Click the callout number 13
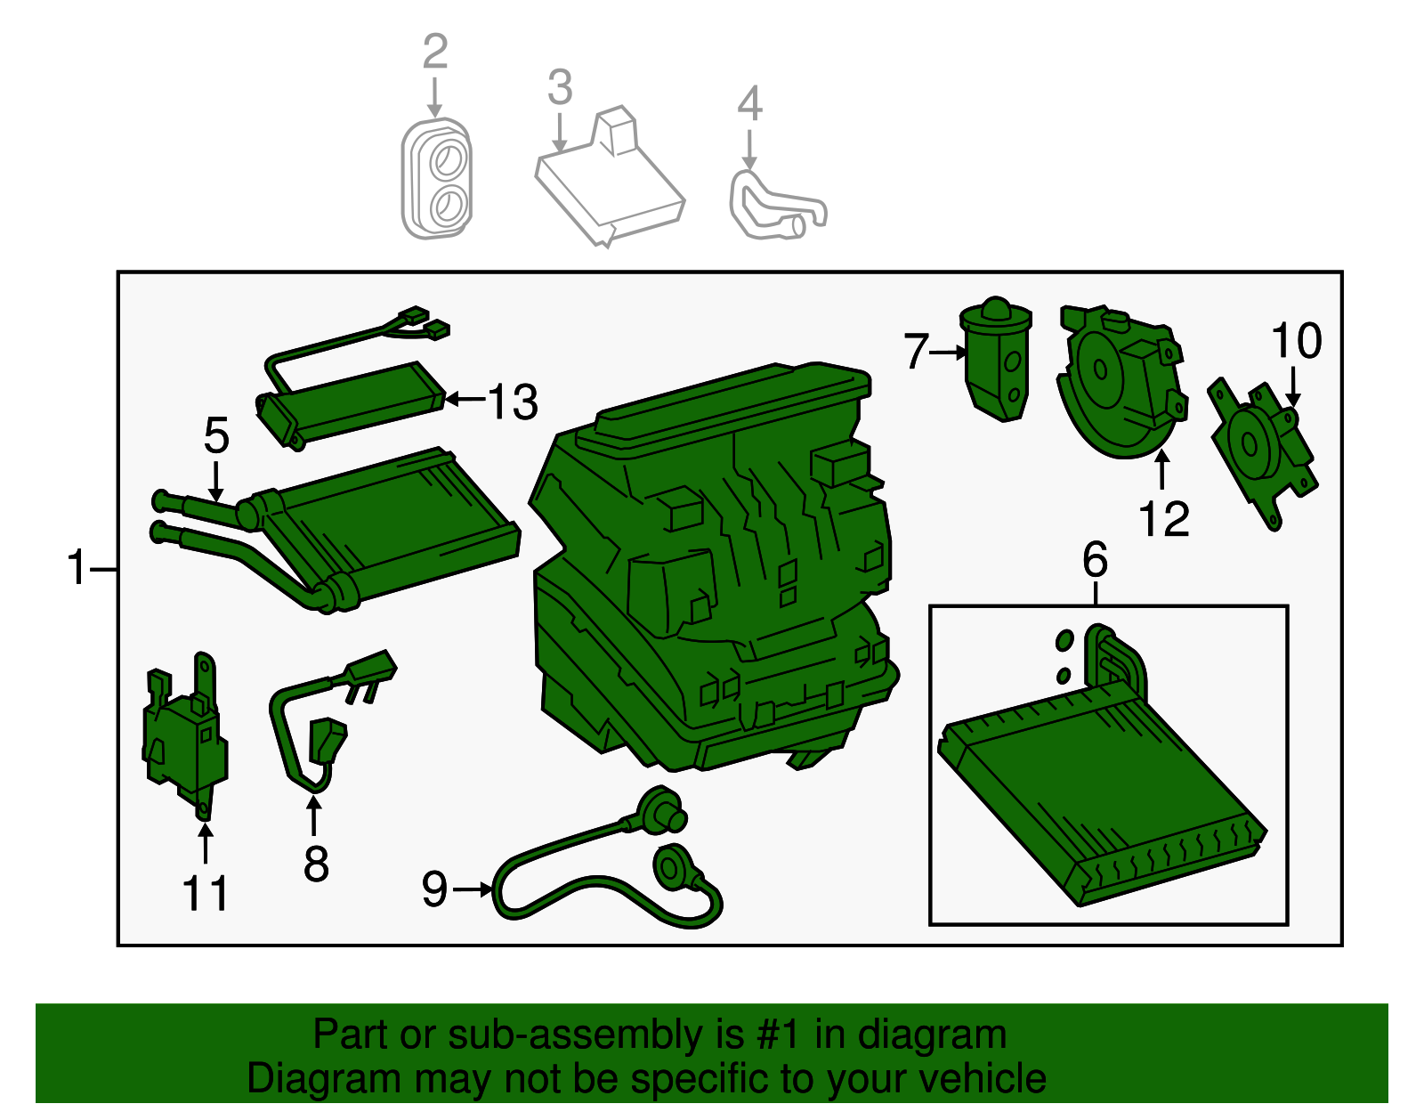point(514,402)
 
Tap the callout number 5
point(216,435)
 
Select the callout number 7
point(916,351)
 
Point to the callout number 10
point(1296,341)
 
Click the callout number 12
point(1163,519)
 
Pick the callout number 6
point(1095,560)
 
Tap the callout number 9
point(434,889)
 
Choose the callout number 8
point(316,864)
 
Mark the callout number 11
point(206,893)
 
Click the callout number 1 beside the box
point(78,568)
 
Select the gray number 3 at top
point(560,88)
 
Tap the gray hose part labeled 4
point(774,207)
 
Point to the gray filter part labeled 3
point(610,183)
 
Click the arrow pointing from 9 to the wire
point(473,889)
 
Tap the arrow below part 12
point(1161,470)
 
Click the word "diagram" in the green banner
point(932,1035)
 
